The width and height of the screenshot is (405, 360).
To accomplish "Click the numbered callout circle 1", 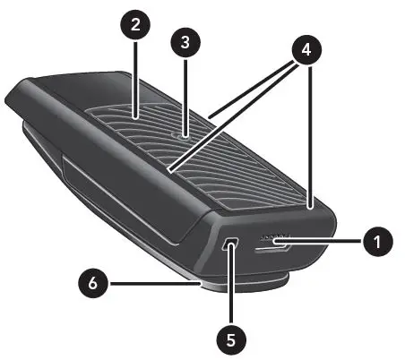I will pos(377,240).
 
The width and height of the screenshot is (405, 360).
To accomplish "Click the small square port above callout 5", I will pos(231,244).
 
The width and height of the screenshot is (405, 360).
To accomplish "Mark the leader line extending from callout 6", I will pos(152,285).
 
